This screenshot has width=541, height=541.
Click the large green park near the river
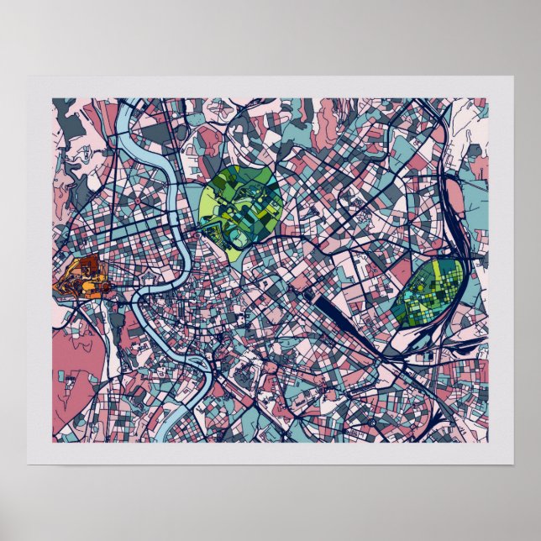point(244,206)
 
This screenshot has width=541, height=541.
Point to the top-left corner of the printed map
point(52,99)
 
